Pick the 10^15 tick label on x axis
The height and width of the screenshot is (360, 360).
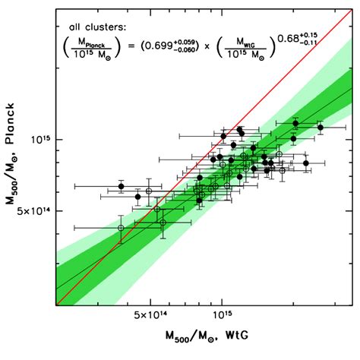tap(222, 314)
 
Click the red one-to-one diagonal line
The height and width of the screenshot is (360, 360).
tap(266, 99)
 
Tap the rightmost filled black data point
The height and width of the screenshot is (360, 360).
tap(321, 128)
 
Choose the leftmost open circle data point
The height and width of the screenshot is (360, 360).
tap(122, 228)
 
